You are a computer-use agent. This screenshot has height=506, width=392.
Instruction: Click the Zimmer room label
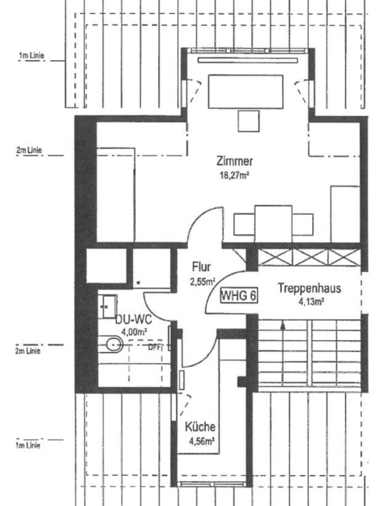(x=235, y=161)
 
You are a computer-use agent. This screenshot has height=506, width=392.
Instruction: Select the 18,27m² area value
(x=235, y=175)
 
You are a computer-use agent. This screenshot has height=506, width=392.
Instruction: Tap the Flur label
(x=201, y=266)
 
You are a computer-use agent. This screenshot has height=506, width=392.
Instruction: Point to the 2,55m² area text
(x=202, y=281)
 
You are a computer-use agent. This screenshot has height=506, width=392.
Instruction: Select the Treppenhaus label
(x=309, y=288)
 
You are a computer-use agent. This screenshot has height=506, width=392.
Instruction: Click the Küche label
(x=200, y=427)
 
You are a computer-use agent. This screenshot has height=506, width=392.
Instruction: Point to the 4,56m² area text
(x=202, y=441)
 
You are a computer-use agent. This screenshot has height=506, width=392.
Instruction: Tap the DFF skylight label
(x=155, y=347)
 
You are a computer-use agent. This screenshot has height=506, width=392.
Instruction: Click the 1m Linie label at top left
(x=32, y=56)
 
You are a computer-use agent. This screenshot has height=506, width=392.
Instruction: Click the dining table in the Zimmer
(x=273, y=220)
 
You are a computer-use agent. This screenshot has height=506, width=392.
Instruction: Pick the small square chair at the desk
(x=248, y=121)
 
